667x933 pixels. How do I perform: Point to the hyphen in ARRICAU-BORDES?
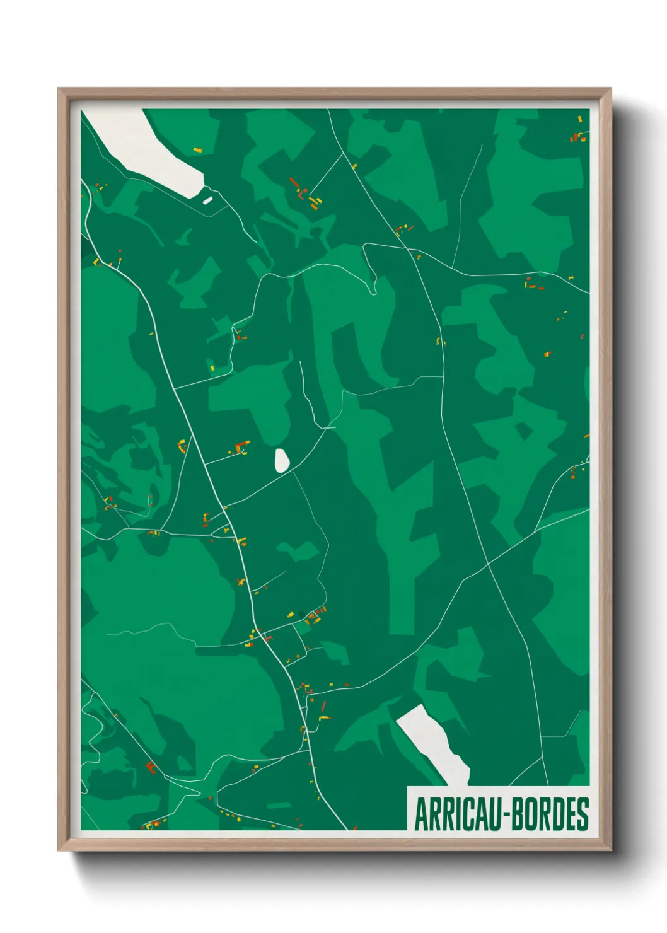click(502, 815)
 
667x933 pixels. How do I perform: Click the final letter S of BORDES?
click(583, 814)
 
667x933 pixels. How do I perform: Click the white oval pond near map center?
click(282, 460)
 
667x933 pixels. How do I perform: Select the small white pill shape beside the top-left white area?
click(207, 200)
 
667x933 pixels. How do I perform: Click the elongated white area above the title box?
click(435, 741)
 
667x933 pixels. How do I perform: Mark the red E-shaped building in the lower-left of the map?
click(151, 767)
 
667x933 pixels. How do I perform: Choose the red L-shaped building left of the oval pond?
click(240, 448)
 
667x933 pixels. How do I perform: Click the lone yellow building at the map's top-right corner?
click(580, 119)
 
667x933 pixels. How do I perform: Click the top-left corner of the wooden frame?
click(59, 89)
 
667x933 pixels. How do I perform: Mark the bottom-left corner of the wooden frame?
click(59, 850)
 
